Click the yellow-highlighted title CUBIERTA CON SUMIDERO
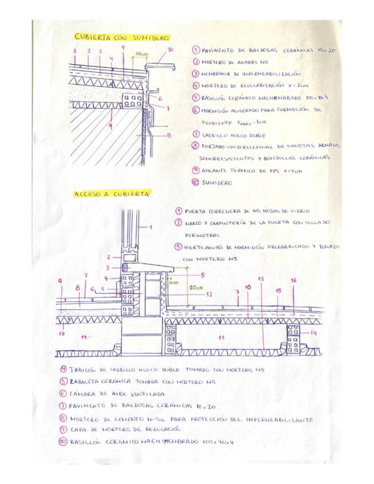click(x=122, y=37)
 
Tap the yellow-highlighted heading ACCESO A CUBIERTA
click(x=112, y=194)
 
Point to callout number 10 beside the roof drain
click(x=170, y=50)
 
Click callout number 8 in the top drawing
click(x=169, y=135)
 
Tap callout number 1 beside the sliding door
click(x=151, y=227)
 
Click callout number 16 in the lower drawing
click(x=293, y=280)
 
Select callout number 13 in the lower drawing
click(x=261, y=279)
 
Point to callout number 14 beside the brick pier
click(x=313, y=332)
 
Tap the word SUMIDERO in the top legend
click(x=218, y=183)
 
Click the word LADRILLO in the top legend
click(x=215, y=135)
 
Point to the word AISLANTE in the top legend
click(x=216, y=170)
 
